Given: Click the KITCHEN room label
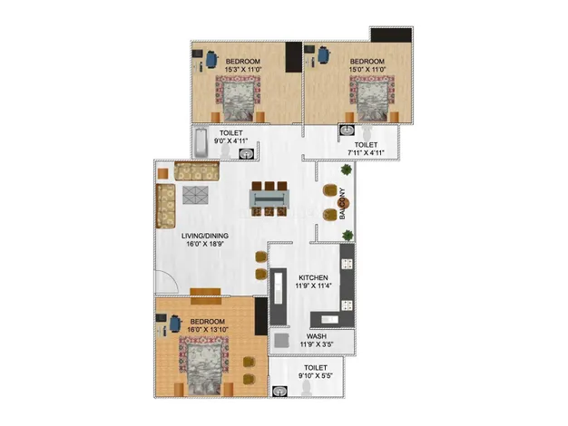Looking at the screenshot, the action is (x=313, y=277).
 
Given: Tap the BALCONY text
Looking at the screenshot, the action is (x=342, y=204).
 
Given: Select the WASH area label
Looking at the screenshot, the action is (x=317, y=336).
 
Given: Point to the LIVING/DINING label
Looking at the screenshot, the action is (x=205, y=236).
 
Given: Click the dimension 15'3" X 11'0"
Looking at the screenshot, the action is (x=243, y=69).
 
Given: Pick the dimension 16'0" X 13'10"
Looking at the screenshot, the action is (x=208, y=329).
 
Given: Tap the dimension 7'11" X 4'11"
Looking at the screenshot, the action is (x=366, y=153).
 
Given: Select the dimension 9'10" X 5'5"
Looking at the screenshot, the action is (x=316, y=376).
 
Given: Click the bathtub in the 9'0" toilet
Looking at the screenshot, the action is (x=201, y=142).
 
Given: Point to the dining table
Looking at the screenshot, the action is (x=269, y=199).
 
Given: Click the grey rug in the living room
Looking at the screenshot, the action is (x=195, y=195).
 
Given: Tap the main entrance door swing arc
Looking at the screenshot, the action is (x=172, y=277).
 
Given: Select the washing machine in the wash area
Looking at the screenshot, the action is (x=281, y=341).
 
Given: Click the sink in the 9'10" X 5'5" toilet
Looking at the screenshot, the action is (x=279, y=392).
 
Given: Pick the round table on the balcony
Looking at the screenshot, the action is (x=343, y=203).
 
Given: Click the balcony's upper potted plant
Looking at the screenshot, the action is (x=347, y=169).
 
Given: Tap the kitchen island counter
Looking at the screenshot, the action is (x=279, y=296).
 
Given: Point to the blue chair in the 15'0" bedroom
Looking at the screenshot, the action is (x=324, y=54).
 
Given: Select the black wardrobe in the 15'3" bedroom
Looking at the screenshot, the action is (x=293, y=57).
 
